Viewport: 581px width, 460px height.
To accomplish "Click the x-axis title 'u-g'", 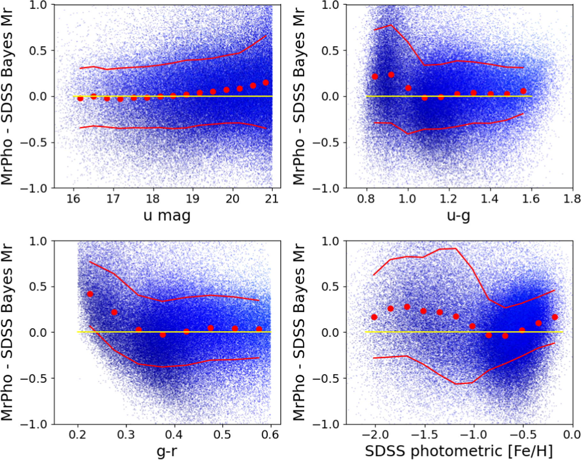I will point(459,216).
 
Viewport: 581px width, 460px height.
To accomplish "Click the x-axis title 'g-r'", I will point(167,451).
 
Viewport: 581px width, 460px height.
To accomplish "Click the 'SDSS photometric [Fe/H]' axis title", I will point(459,451).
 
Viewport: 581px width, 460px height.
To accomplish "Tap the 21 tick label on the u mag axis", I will point(272,199).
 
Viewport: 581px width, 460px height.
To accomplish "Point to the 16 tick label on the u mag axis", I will point(73,199).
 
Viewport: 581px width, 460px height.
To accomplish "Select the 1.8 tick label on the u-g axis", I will point(572,199).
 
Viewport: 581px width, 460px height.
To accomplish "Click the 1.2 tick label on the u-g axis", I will point(448,199).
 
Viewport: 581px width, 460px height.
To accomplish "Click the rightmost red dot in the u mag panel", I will point(265,83).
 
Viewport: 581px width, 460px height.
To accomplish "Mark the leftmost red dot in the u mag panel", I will point(80,99).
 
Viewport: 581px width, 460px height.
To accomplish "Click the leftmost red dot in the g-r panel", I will point(90,294).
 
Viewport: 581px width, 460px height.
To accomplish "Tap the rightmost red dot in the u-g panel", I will point(523,91).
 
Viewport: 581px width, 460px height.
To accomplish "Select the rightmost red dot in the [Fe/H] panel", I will point(555,317).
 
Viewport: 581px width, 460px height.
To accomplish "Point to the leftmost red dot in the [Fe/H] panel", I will point(374,317).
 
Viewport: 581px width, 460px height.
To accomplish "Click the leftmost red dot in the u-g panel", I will point(375,76).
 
